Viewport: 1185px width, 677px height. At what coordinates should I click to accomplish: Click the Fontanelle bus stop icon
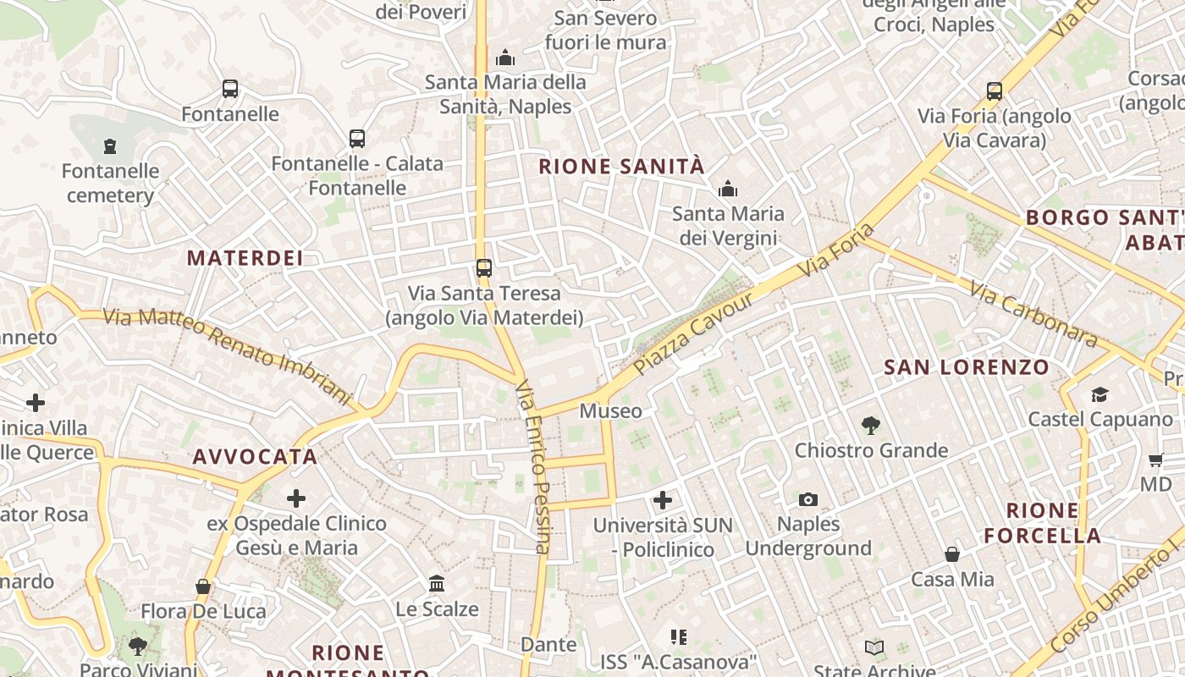pyautogui.click(x=229, y=89)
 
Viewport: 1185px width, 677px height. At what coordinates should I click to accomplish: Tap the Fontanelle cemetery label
pyautogui.click(x=110, y=184)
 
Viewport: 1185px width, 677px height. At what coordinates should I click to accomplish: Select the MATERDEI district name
pyautogui.click(x=245, y=258)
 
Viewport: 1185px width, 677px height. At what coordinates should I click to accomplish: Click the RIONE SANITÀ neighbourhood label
pyautogui.click(x=621, y=167)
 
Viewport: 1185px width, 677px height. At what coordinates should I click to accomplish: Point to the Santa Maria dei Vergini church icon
pyautogui.click(x=728, y=190)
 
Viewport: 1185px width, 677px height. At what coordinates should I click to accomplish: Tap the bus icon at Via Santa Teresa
pyautogui.click(x=483, y=268)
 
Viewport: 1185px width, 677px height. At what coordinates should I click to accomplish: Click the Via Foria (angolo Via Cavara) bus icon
pyautogui.click(x=995, y=91)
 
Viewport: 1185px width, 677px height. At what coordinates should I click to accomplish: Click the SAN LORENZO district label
pyautogui.click(x=967, y=367)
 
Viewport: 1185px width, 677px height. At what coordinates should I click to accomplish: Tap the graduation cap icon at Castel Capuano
pyautogui.click(x=1100, y=394)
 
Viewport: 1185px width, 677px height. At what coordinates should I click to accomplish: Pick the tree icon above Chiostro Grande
pyautogui.click(x=870, y=426)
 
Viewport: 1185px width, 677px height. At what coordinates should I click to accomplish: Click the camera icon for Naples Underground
pyautogui.click(x=807, y=499)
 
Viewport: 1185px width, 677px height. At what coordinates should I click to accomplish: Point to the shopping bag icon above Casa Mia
pyautogui.click(x=952, y=555)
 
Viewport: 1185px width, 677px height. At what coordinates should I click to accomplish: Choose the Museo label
pyautogui.click(x=610, y=411)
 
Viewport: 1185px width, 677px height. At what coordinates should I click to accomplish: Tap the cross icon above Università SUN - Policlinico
pyautogui.click(x=663, y=500)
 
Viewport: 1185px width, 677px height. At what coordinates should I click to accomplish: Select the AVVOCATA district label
pyautogui.click(x=255, y=457)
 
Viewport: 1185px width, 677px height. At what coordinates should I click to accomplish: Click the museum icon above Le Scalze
pyautogui.click(x=437, y=583)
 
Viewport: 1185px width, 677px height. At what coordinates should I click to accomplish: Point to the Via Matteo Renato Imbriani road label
pyautogui.click(x=226, y=355)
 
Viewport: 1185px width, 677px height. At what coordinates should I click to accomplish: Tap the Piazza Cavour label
pyautogui.click(x=693, y=334)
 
